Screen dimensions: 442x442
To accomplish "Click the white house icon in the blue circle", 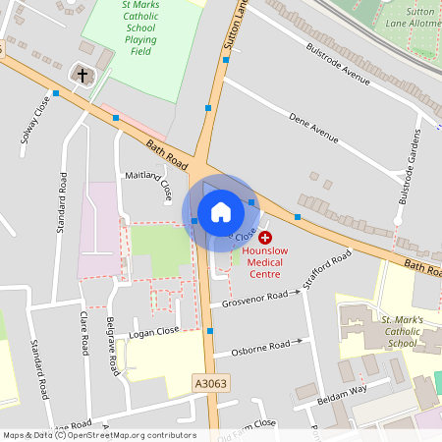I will tap(220, 212).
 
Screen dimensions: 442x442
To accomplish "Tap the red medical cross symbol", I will tap(266, 238).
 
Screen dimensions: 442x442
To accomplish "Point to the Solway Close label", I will tap(35, 121).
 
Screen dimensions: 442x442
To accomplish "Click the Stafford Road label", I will tap(327, 270).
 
